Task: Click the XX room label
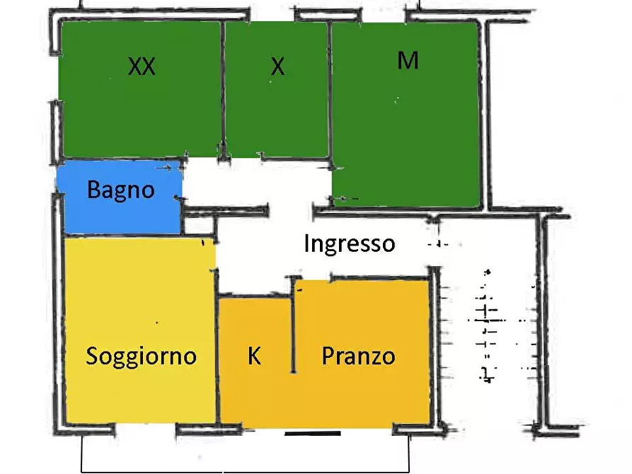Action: coord(142,67)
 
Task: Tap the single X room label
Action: coord(277,67)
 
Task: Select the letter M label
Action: coord(408,61)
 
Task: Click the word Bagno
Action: coord(120,190)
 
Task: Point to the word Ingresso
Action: coord(349,244)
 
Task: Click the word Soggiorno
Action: coord(141,355)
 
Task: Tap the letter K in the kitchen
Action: coord(254,356)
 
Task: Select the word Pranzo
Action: coord(358,355)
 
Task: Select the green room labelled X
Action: coord(277,113)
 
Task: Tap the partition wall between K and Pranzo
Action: coord(293,325)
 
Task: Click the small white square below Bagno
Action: coord(199,226)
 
